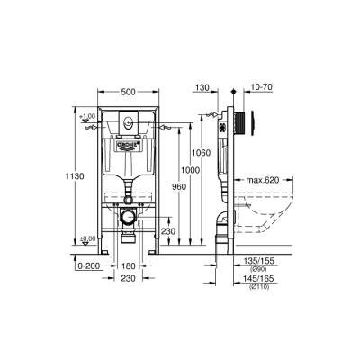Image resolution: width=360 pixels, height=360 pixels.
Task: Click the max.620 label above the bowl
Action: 263,180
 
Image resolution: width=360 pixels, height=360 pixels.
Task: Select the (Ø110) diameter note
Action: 257,287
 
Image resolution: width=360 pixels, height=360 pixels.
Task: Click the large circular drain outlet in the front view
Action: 130,217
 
